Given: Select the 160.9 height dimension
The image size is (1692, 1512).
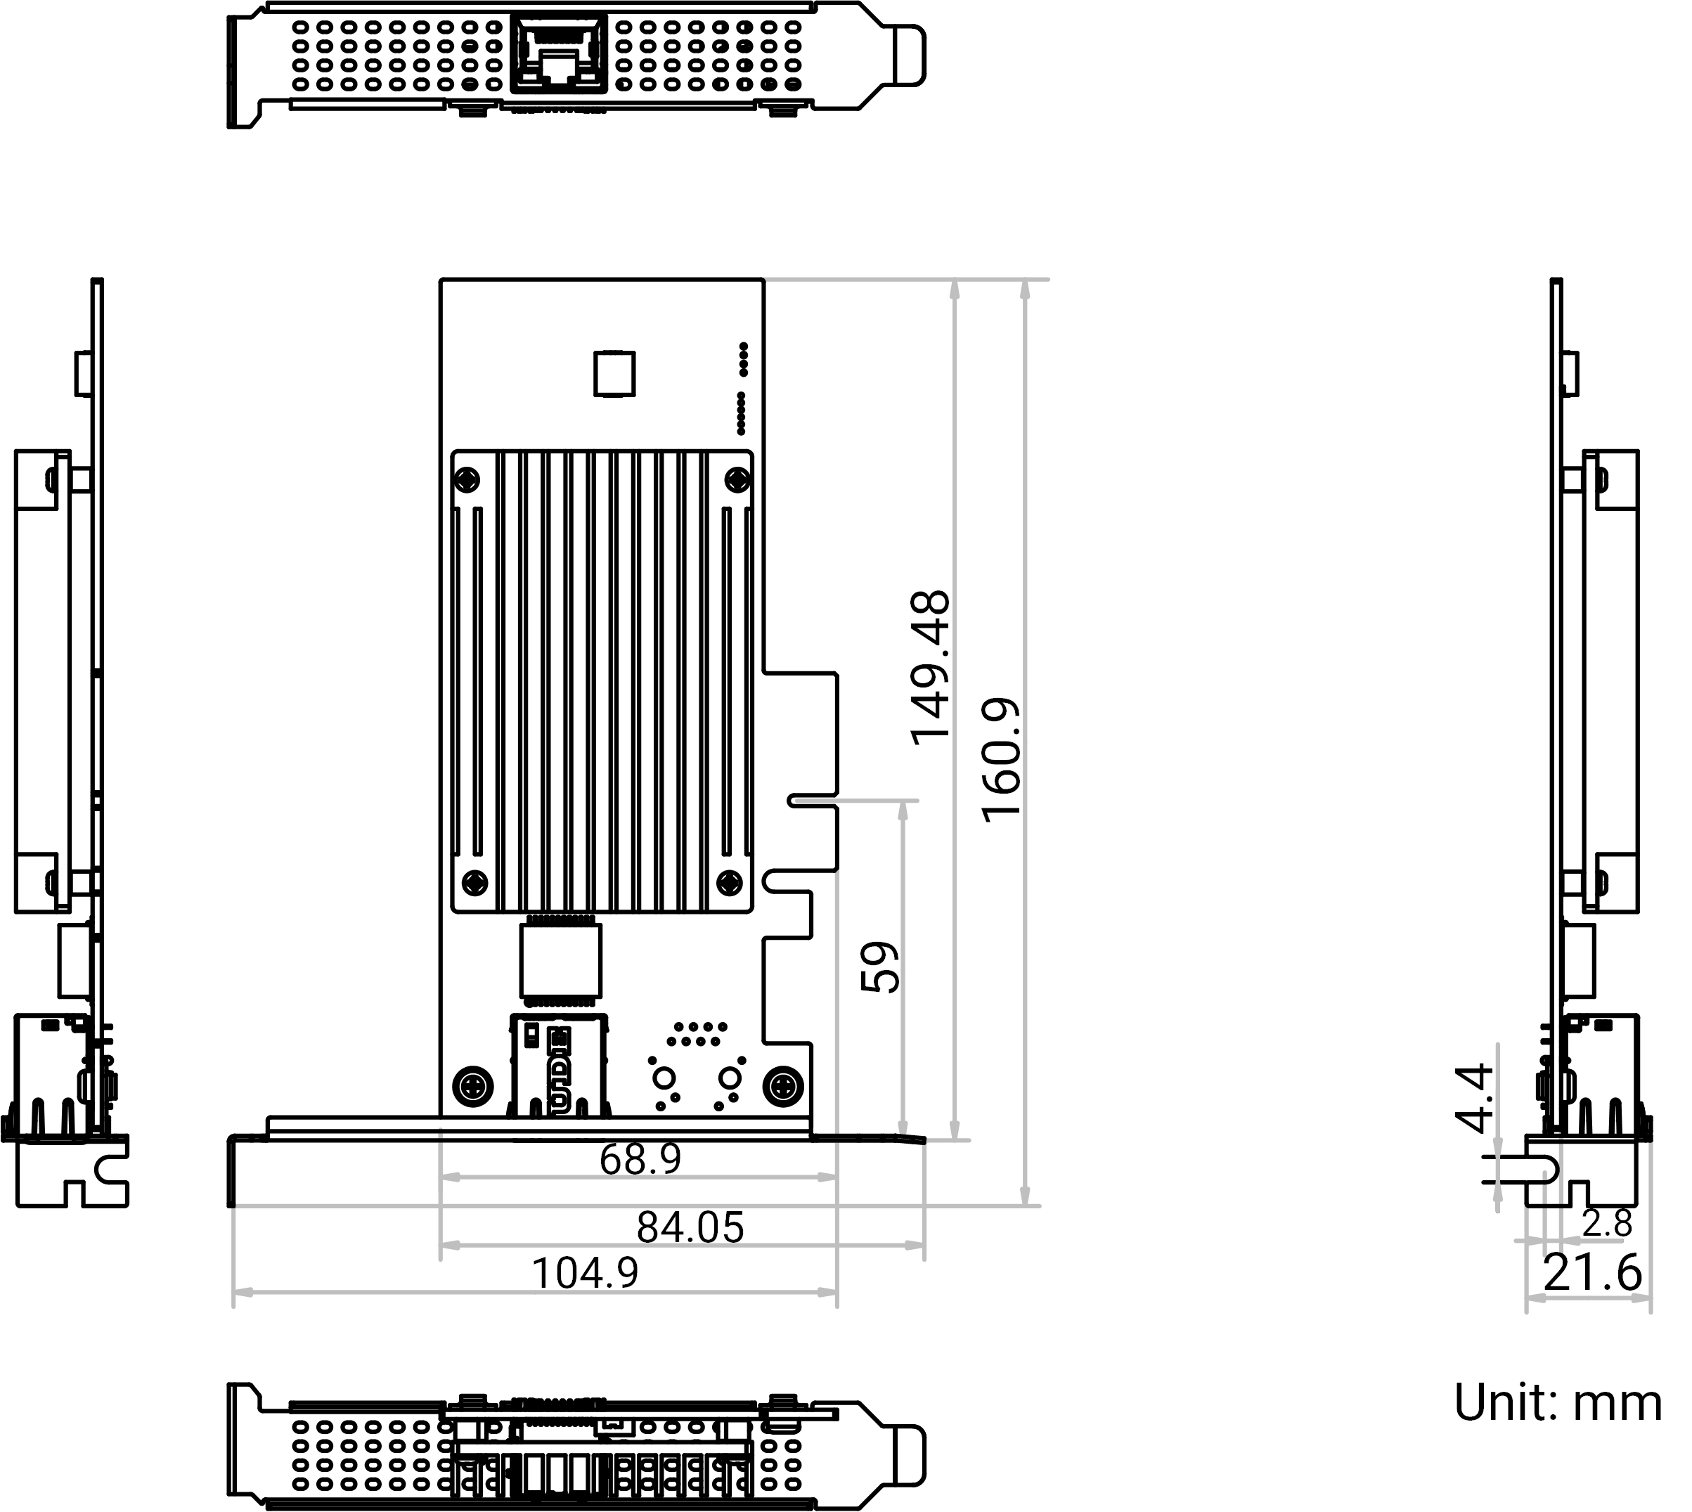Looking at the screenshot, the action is pyautogui.click(x=1002, y=760).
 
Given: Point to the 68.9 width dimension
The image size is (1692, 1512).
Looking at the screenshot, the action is pyautogui.click(x=640, y=1159).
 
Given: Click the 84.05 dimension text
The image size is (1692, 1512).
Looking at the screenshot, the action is pyautogui.click(x=690, y=1227).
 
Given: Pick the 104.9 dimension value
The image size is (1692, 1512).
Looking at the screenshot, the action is pyautogui.click(x=585, y=1274).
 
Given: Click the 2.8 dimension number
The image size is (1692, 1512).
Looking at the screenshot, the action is pyautogui.click(x=1607, y=1224).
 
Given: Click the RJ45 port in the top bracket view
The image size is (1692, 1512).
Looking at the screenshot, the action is pyautogui.click(x=559, y=53).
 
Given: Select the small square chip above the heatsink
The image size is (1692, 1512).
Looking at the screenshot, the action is pyautogui.click(x=614, y=374).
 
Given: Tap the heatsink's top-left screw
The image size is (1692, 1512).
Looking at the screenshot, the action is pyautogui.click(x=468, y=479).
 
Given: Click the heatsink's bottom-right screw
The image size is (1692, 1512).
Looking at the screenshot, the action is pyautogui.click(x=729, y=882).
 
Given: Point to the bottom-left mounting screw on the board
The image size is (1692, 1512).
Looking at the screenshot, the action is pyautogui.click(x=472, y=1086).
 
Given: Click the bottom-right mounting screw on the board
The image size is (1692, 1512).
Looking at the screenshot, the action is pyautogui.click(x=783, y=1086).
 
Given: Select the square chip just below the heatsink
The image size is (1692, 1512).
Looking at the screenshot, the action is pyautogui.click(x=561, y=961).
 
